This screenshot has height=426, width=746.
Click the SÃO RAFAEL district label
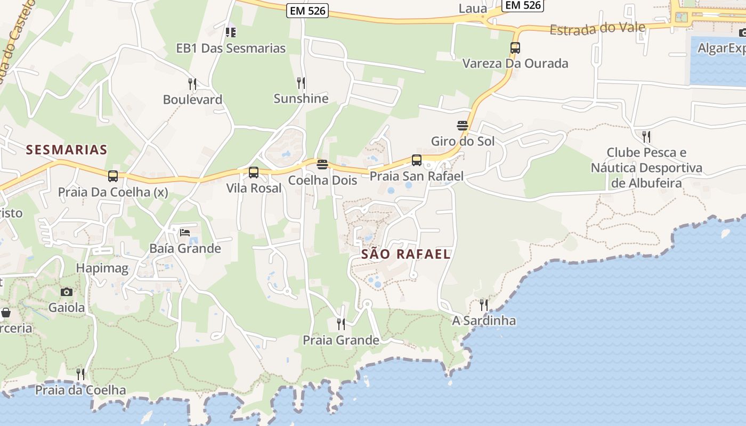coord(406,254)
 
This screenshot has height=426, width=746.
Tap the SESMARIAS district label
coord(67,150)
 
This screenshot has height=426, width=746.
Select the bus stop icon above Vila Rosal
coord(254,173)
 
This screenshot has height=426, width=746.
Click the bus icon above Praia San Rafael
coord(417,160)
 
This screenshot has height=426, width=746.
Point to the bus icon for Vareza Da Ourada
coord(515,48)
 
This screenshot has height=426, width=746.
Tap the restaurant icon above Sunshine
coord(301,83)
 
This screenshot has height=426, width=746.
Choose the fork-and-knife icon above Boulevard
coord(192,84)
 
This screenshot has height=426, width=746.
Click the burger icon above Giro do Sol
coord(463,126)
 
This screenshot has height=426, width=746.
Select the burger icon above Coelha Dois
coord(322,165)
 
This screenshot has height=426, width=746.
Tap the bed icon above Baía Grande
coord(185,232)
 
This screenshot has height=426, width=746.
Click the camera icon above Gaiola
coord(67,292)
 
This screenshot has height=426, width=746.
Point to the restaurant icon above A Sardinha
coord(483,305)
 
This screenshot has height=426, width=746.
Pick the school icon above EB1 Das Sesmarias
coord(231,32)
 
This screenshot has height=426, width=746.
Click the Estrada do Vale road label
coord(597,29)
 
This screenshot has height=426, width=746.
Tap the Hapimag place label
coord(102,268)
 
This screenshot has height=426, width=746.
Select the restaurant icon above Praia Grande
coord(340,324)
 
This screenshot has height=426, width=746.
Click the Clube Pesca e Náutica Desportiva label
coord(646,168)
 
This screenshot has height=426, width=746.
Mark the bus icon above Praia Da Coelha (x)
coord(113,176)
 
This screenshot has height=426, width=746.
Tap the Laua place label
coord(473,9)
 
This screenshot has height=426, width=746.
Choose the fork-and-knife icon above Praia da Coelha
coord(80,374)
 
